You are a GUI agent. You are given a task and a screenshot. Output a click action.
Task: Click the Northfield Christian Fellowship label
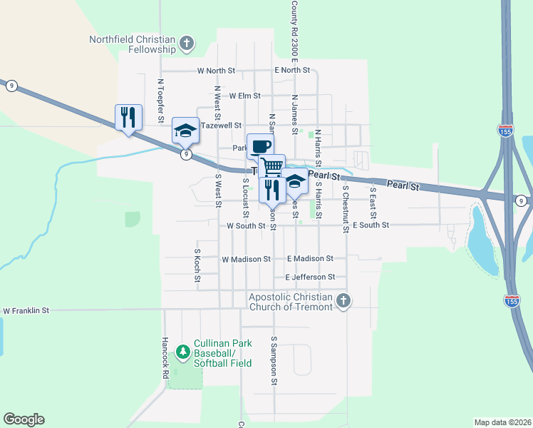(132, 44)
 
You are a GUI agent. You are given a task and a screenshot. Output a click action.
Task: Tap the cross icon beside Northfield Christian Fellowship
(187, 44)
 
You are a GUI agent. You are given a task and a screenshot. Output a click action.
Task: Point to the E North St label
(293, 71)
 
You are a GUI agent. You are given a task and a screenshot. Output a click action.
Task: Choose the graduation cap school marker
(185, 130)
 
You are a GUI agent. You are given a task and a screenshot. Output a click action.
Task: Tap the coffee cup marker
(260, 146)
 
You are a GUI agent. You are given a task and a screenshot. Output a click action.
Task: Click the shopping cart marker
(271, 167)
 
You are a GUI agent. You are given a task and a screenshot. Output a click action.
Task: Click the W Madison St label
(247, 260)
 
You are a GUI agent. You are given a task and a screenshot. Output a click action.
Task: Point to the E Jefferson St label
(310, 277)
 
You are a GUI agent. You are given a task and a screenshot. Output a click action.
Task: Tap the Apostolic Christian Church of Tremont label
(291, 302)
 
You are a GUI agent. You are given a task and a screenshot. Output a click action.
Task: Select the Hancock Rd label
(165, 357)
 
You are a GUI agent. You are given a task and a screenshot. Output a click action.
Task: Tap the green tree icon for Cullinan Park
(183, 351)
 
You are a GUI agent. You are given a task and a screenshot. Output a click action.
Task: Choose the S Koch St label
(197, 265)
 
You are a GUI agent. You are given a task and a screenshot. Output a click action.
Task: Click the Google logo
(24, 419)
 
